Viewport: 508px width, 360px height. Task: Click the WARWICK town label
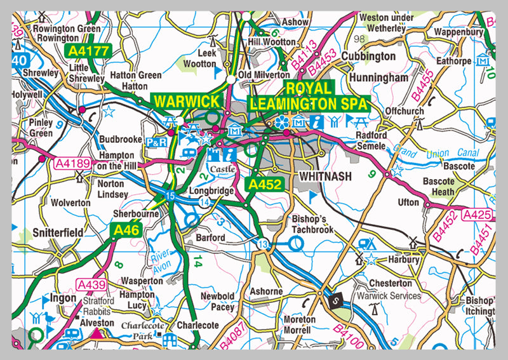pos(187,101)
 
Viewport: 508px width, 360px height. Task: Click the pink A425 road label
pos(478,216)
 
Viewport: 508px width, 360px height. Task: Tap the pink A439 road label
pos(91,283)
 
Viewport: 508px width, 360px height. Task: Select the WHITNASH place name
pos(324,176)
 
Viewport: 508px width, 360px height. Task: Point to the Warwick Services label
pos(389,296)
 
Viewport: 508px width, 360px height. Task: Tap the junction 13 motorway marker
pos(263,243)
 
